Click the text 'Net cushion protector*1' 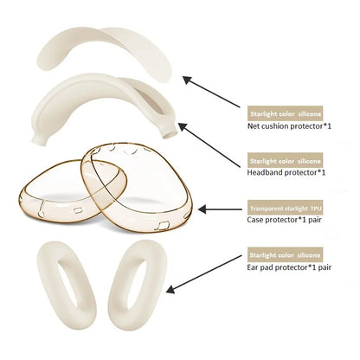click(289, 126)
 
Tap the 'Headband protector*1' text click(286, 172)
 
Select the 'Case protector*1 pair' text click(284, 220)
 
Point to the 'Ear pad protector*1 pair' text click(289, 267)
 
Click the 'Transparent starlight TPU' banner click(286, 208)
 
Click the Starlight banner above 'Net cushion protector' click(285, 113)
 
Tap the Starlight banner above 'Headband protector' click(285, 160)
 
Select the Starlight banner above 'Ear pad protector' click(285, 255)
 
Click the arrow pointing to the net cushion click(211, 92)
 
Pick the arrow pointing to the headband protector click(209, 145)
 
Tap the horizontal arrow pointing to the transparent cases click(220, 209)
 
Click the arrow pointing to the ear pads click(204, 274)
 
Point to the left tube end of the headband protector click(39, 140)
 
